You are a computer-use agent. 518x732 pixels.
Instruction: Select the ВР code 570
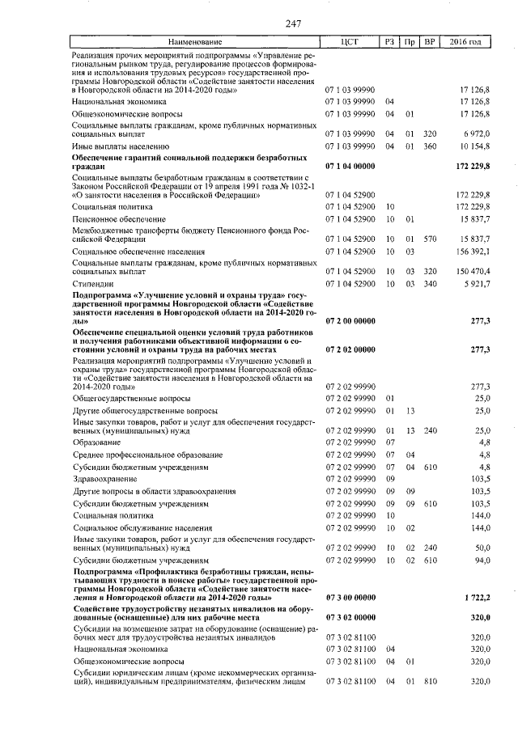(x=430, y=238)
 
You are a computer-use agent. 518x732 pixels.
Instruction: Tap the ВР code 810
(x=430, y=681)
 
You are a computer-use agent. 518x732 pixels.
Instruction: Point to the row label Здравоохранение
(x=104, y=477)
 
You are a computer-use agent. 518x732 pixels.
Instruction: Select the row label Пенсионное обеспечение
(x=119, y=218)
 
